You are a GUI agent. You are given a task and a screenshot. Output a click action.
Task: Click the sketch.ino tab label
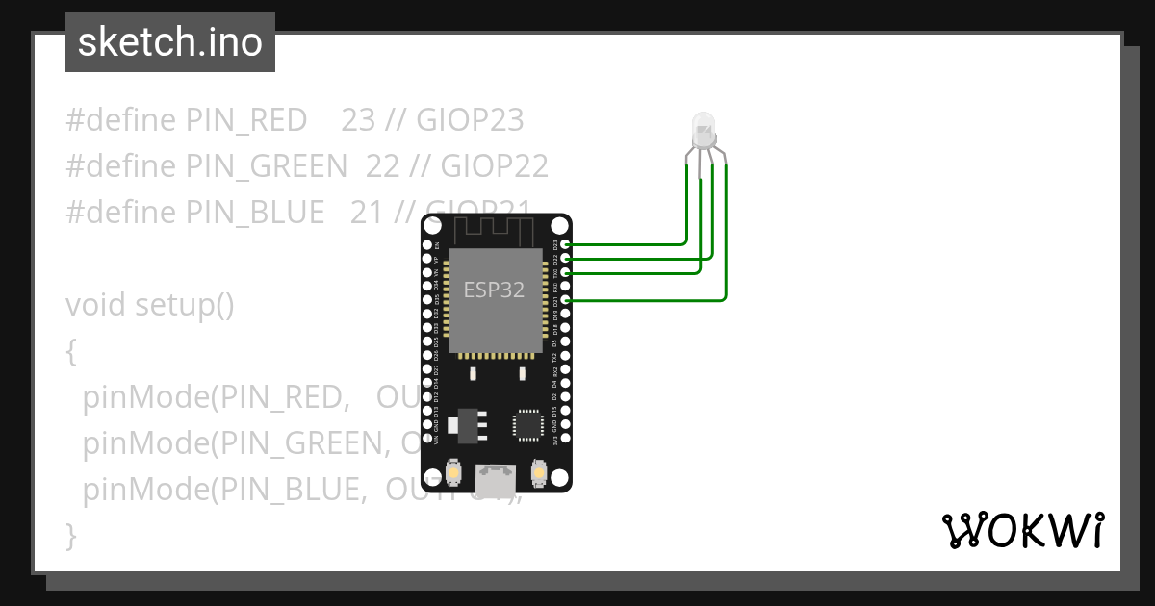170,42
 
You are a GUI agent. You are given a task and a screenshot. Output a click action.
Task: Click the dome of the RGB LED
704,125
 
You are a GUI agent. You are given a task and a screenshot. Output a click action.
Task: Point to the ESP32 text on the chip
494,290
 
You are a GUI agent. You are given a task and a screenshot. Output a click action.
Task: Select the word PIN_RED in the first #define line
246,120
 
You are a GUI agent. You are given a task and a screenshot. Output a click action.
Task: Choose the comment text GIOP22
494,166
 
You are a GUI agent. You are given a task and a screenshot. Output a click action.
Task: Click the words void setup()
150,305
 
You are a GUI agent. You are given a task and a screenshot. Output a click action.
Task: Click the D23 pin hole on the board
565,244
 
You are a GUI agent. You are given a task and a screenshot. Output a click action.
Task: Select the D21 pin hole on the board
565,301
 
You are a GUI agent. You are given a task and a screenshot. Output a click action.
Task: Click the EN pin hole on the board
427,244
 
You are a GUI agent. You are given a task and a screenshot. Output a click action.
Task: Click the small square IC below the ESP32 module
528,424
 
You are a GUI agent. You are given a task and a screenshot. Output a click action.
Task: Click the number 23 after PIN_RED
358,120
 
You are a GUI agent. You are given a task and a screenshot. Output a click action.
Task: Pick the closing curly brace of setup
70,535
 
